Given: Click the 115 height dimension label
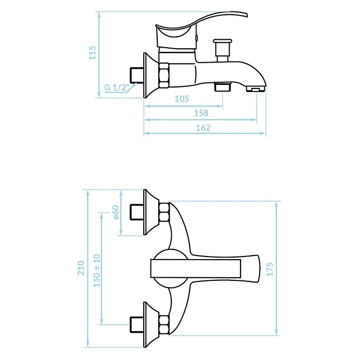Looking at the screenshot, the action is coord(92,53).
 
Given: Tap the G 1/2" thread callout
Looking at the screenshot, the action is coord(117,87).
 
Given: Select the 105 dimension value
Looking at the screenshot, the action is coord(182,98).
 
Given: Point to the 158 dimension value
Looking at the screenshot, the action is coord(201,113).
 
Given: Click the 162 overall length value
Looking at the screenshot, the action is coord(203,128).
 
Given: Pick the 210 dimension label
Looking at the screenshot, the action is coord(81,268).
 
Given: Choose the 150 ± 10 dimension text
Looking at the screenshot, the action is coord(97,270).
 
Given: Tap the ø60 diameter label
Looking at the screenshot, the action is coord(116,213).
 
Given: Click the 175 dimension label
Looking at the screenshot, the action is coord(270,269).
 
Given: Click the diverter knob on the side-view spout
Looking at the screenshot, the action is coord(222,51).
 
